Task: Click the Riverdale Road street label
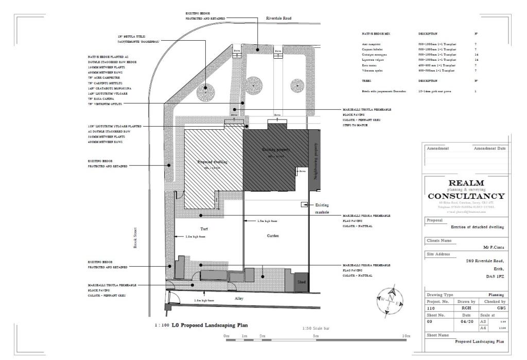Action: click(279, 18)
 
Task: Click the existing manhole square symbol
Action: click(304, 204)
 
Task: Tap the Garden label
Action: click(273, 235)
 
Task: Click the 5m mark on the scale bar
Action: click(315, 336)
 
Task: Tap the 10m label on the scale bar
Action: click(407, 336)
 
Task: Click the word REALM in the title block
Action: click(466, 183)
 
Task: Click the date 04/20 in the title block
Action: click(466, 321)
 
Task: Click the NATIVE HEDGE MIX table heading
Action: click(376, 33)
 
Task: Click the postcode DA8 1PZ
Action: click(494, 277)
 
